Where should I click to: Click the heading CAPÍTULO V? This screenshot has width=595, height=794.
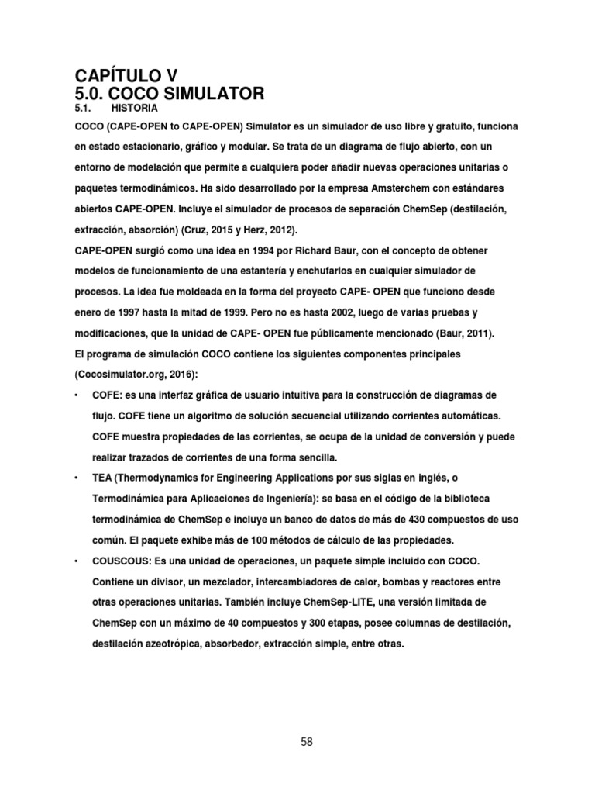(x=126, y=76)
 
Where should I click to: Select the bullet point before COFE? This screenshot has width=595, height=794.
(x=76, y=395)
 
